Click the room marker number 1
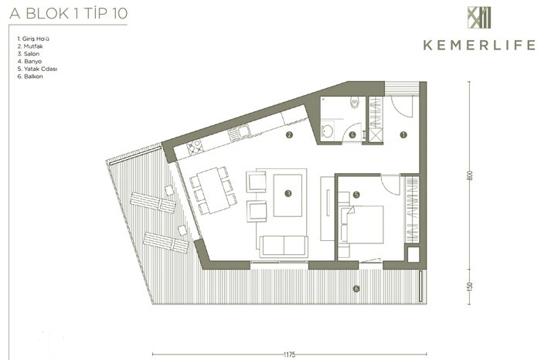click(x=403, y=135)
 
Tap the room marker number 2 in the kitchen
click(x=289, y=135)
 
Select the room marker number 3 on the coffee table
click(x=288, y=193)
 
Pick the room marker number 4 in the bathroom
click(x=352, y=135)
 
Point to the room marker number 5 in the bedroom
click(x=356, y=195)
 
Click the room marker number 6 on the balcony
click(x=356, y=289)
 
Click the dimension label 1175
click(x=290, y=355)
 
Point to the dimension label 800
click(x=469, y=175)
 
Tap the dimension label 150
click(x=469, y=286)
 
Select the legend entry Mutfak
click(x=30, y=46)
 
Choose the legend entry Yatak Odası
click(x=37, y=69)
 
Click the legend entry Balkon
click(x=30, y=76)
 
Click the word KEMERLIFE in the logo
click(x=479, y=45)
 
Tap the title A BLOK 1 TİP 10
click(x=69, y=14)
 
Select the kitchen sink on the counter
click(x=239, y=133)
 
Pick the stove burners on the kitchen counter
click(x=195, y=147)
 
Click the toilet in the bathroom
click(x=354, y=103)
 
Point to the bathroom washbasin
click(x=327, y=131)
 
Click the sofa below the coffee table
click(x=284, y=246)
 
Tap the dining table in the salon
click(x=213, y=190)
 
